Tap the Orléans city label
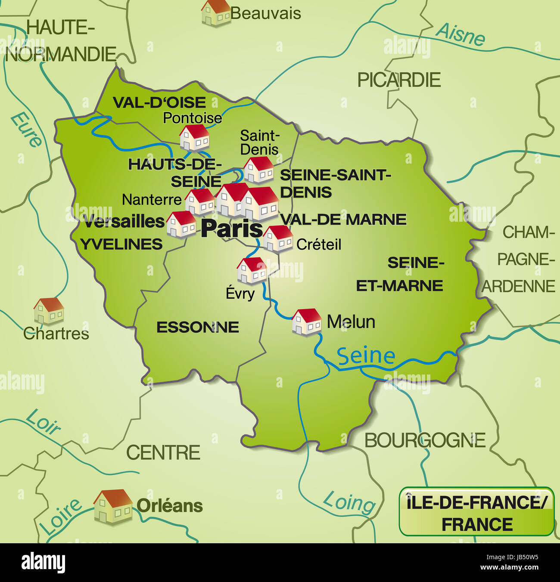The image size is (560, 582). pos(170,506)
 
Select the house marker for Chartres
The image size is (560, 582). pos(49,310)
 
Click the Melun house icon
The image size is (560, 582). pos(307,322)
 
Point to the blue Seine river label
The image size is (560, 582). pos(366,356)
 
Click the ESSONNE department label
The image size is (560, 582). pos(197,328)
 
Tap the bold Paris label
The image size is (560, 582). pos(232,229)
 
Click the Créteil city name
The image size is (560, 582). pos(319,245)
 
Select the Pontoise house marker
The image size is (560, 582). pos(194,138)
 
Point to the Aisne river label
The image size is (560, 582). pos(461,34)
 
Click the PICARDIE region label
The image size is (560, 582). pos(399,80)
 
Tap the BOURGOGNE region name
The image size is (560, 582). pos(425,440)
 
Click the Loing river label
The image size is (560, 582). pos(349,502)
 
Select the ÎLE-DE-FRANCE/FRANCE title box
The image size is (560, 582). pos(476,512)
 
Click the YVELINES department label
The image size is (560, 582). pos(121,245)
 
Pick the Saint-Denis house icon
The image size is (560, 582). pos(258,170)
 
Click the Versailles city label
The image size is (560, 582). pos(124,222)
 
